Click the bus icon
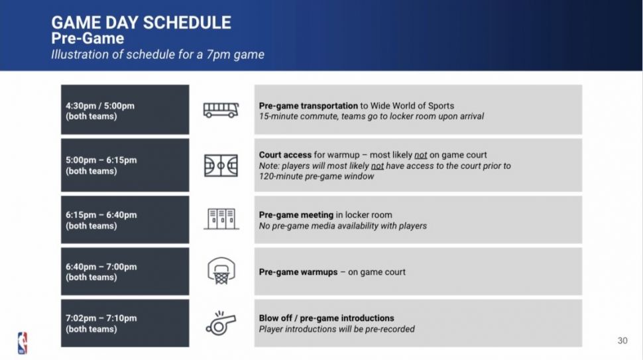point(221,110)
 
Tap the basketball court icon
point(221,166)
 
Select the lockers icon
point(221,219)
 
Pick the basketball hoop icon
point(221,270)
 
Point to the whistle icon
point(221,323)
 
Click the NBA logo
point(23,343)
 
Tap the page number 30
point(622,341)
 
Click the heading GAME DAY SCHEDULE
point(141,23)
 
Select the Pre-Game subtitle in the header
point(88,38)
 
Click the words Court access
point(285,155)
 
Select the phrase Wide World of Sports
point(412,106)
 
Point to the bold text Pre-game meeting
point(296,215)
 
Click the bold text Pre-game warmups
point(298,272)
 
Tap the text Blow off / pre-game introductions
point(326,318)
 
